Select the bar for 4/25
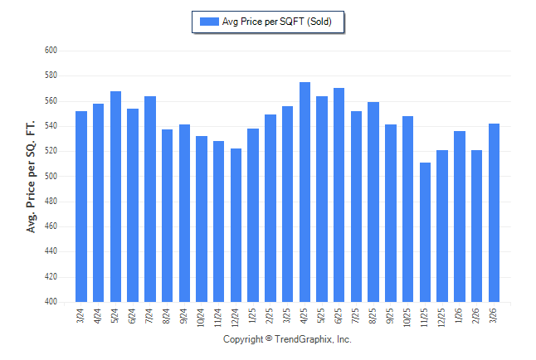305,192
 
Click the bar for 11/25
425,232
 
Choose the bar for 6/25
339,195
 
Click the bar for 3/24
81,207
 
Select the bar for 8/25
373,202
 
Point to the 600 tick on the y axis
50,51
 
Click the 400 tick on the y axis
50,302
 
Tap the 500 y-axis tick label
50,177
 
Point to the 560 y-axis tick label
50,101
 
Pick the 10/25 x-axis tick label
408,315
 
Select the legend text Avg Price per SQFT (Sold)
277,22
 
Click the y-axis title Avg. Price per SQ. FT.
32,177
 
